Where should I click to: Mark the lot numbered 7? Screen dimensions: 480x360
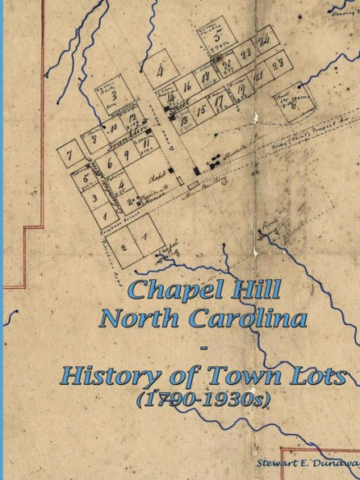[x=71, y=154]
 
